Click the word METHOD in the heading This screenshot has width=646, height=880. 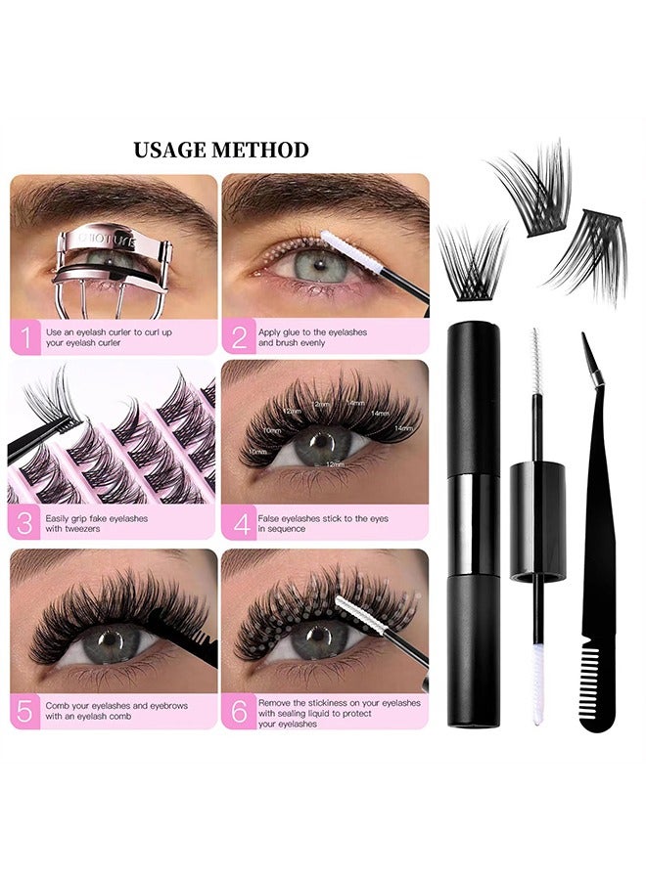coord(263,151)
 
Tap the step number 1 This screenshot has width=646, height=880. coord(24,338)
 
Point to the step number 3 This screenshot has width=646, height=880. coord(24,523)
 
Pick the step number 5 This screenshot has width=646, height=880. coord(24,711)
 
